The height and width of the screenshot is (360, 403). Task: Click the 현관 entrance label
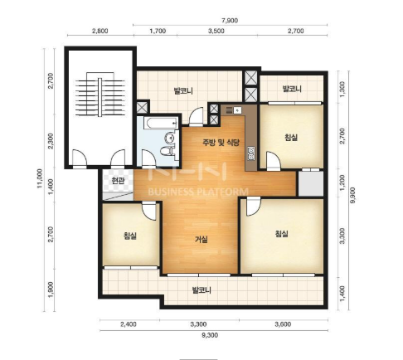[x=118, y=181]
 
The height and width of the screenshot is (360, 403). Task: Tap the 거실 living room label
[x=201, y=240]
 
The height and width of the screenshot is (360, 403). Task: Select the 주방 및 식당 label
[x=221, y=143]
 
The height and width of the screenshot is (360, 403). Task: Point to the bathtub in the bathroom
[x=162, y=124]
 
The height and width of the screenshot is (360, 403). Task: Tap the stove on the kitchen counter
[x=251, y=154]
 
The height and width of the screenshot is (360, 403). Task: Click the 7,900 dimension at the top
[x=230, y=21]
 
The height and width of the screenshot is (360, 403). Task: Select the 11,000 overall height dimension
[x=40, y=178]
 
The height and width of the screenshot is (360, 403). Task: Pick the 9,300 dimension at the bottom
[x=210, y=335]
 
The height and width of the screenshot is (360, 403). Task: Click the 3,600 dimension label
[x=283, y=324]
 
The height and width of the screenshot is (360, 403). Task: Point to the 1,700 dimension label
[x=158, y=31]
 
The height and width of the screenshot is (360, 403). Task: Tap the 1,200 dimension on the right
[x=342, y=182]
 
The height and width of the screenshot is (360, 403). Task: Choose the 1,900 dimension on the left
[x=51, y=289]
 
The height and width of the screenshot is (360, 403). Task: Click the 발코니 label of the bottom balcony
[x=201, y=290]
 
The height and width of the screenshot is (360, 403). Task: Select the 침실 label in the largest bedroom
[x=282, y=234]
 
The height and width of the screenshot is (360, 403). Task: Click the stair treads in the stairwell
[x=100, y=97]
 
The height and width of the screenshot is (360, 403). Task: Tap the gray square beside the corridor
[x=310, y=183]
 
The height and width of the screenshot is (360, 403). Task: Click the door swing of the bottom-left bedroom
[x=149, y=212]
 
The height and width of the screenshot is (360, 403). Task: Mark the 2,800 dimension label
[x=100, y=31]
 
